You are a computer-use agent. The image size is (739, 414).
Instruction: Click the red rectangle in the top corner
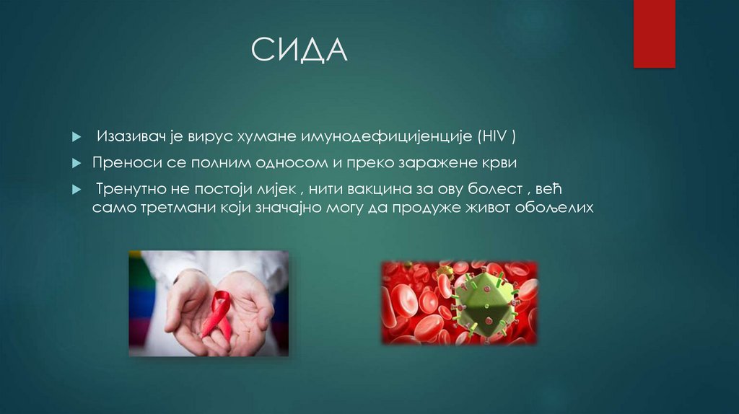tap(654, 34)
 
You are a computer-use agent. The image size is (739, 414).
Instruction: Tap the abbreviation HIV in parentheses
tap(497, 136)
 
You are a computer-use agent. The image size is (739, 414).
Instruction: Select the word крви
tap(501, 162)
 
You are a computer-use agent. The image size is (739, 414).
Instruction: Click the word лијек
tap(274, 190)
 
